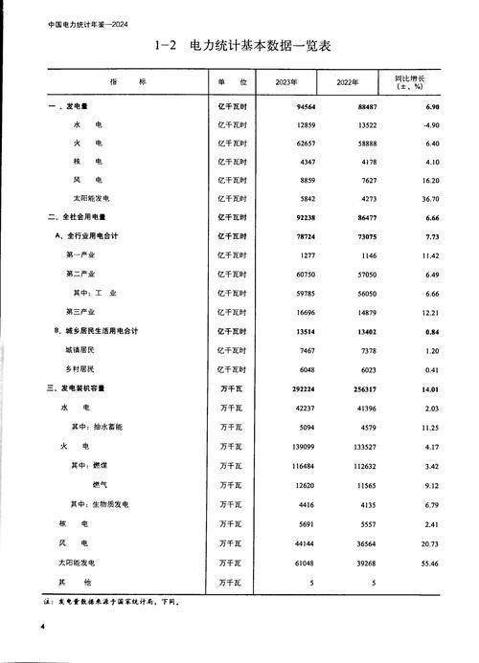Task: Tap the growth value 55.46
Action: point(426,564)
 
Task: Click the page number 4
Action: point(43,627)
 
